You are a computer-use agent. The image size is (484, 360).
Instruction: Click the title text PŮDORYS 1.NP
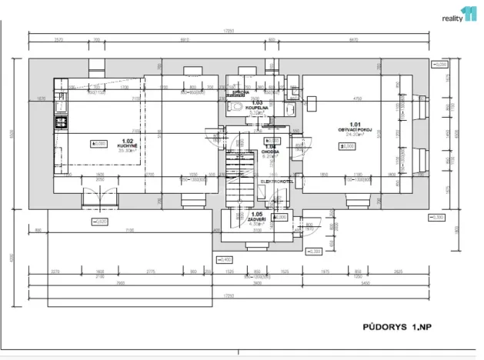[397, 327]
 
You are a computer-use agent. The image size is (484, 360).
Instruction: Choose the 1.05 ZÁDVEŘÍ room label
[256, 219]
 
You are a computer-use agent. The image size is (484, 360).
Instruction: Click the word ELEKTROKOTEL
[278, 181]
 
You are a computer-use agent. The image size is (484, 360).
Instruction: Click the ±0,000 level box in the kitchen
[100, 143]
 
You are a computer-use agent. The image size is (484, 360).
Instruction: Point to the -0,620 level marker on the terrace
[99, 222]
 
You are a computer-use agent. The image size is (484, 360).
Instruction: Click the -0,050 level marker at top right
[439, 65]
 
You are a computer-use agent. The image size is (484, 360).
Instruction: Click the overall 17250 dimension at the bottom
[229, 296]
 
